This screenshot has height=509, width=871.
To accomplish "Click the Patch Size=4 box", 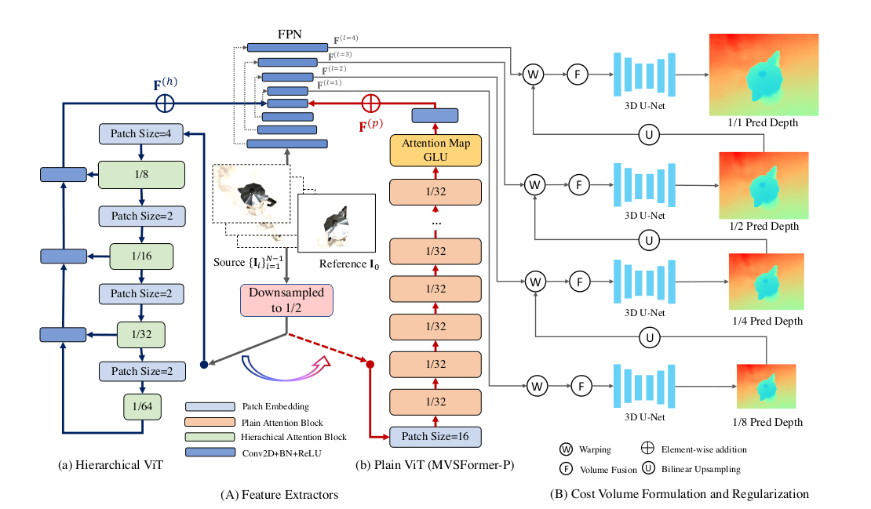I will (x=141, y=134).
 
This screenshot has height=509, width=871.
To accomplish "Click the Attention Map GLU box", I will (x=435, y=150).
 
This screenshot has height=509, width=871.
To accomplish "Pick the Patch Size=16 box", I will (x=435, y=435).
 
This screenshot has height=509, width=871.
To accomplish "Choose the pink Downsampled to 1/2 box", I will (x=286, y=300).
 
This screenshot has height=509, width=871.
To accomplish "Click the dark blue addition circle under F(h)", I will (x=164, y=102).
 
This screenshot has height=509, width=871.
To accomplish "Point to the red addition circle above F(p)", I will (x=370, y=102).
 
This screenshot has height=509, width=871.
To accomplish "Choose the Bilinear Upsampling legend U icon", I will (x=649, y=469).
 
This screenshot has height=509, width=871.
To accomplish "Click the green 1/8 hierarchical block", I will (x=141, y=174).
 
